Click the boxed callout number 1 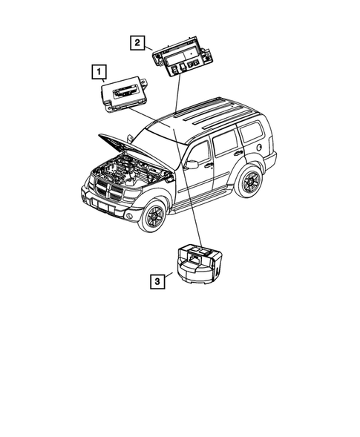click(97, 72)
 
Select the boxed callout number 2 click(137, 42)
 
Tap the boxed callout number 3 click(157, 281)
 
